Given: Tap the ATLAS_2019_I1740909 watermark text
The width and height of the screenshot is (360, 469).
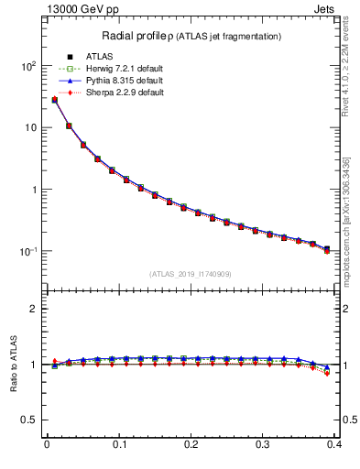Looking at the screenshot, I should tap(190, 274).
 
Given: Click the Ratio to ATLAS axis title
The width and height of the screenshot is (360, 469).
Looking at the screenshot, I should tap(12, 365).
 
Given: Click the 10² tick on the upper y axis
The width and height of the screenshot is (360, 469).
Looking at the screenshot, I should tap(27, 67).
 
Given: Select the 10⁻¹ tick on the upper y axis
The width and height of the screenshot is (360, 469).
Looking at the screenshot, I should tap(27, 251).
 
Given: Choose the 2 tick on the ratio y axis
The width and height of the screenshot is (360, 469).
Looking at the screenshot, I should tap(34, 310).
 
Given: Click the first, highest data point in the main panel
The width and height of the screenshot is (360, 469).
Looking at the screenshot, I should tap(54, 100).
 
